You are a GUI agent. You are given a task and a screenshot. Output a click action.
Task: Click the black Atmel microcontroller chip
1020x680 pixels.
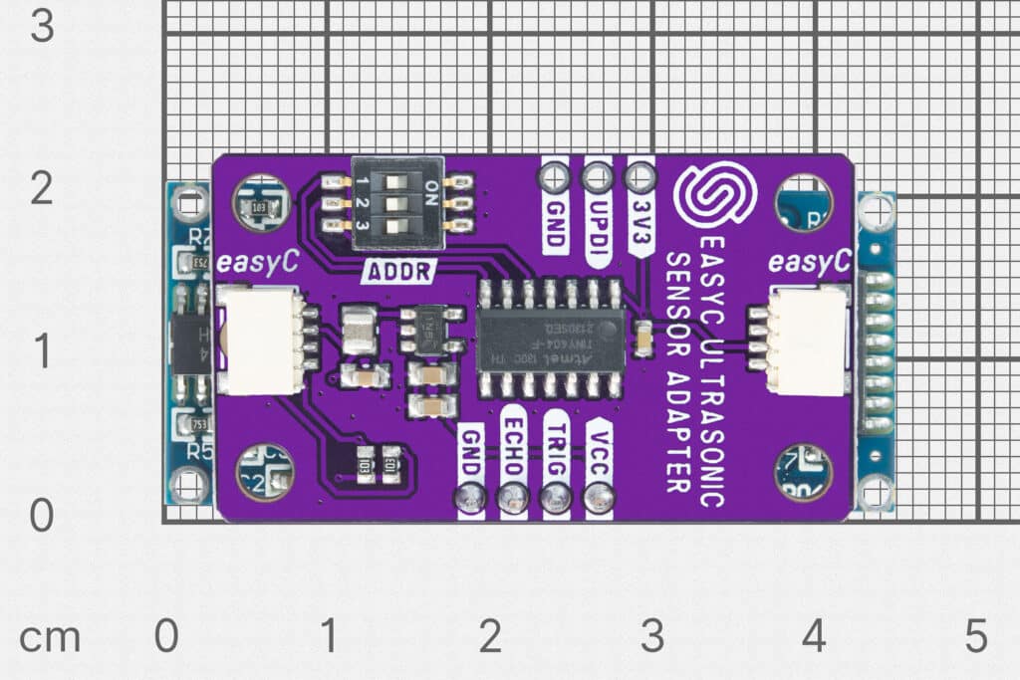(x=552, y=340)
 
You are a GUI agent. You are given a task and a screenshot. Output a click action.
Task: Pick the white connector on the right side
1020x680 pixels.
(x=806, y=341)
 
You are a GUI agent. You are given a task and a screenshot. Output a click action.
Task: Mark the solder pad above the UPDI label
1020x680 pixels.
(x=597, y=178)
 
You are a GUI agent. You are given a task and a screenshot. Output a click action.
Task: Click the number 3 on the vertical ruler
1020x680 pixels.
(x=42, y=26)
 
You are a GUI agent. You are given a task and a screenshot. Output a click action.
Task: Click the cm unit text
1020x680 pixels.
(x=49, y=638)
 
